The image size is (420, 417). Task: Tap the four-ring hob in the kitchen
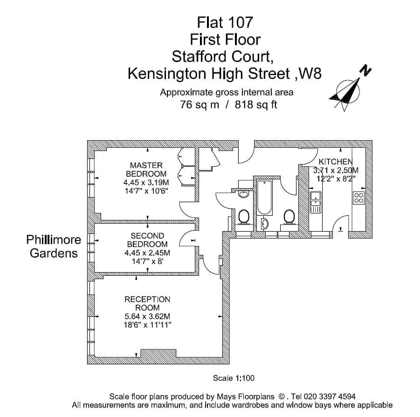coord(359,198)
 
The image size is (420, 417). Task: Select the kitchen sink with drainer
coord(316,202)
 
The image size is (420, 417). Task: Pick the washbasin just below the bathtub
coord(265,224)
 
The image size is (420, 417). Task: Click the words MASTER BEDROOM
coord(146,169)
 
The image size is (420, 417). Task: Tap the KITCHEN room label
coord(335,162)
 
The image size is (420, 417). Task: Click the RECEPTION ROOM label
coord(147,303)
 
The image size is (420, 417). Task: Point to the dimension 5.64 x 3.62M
coord(147,316)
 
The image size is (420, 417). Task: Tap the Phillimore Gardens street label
coord(54,246)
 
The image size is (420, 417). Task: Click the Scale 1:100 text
coord(234,378)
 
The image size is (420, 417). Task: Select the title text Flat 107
coord(225,22)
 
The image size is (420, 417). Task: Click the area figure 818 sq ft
coord(256,104)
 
